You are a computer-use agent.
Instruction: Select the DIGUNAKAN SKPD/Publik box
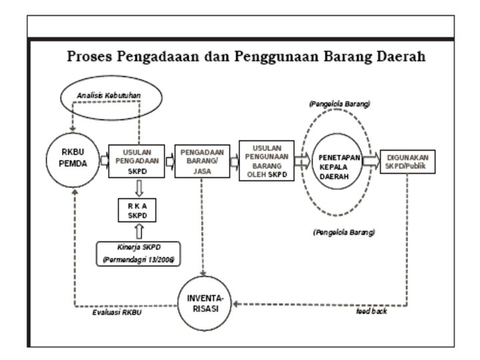point(407,161)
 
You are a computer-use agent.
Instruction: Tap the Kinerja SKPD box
point(139,252)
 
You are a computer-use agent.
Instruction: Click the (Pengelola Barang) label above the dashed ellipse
point(339,105)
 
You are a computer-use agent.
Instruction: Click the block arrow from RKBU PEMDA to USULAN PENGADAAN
point(104,161)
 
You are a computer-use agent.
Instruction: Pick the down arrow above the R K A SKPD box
point(138,189)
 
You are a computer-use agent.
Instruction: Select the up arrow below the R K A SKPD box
point(138,231)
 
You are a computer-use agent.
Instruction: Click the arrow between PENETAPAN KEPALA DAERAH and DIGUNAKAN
point(371,161)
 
